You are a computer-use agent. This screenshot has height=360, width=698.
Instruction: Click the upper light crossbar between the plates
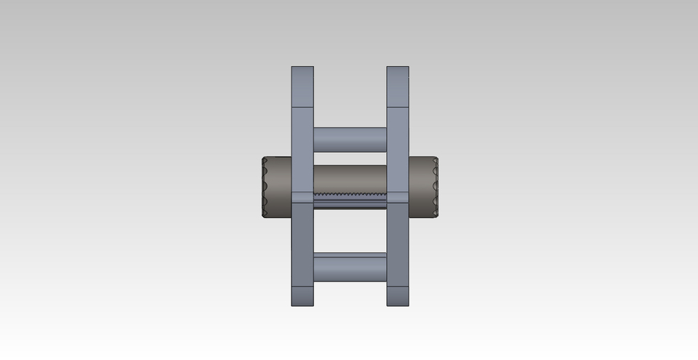[x=350, y=140]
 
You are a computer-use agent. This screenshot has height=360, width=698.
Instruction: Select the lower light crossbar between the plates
[x=350, y=267]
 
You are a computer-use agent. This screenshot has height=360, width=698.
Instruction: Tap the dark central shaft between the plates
[x=350, y=178]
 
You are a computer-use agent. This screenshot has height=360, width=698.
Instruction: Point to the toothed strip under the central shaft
[x=350, y=195]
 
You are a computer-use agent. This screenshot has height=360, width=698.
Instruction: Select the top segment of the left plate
[x=302, y=87]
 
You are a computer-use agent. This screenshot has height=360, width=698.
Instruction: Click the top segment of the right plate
[x=398, y=87]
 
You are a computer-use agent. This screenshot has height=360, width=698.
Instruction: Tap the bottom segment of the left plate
[x=302, y=297]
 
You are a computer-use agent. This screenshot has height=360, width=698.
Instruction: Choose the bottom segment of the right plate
[x=398, y=297]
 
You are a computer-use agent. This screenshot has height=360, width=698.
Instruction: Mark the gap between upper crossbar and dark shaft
[x=350, y=159]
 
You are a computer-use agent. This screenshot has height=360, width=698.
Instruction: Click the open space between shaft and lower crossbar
[x=350, y=231]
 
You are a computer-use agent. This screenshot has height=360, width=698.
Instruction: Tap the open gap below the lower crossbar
[x=350, y=295]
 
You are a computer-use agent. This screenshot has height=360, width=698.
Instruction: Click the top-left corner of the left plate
[x=292, y=68]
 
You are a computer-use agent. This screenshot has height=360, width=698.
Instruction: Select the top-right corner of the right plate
[x=408, y=68]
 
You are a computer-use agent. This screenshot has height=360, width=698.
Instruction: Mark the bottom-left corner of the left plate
[x=292, y=305]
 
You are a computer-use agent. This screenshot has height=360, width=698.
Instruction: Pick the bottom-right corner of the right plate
[x=408, y=305]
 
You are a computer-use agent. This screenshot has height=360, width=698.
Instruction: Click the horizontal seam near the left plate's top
[x=302, y=107]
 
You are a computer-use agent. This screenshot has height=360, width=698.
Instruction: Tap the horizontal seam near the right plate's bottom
[x=398, y=287]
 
